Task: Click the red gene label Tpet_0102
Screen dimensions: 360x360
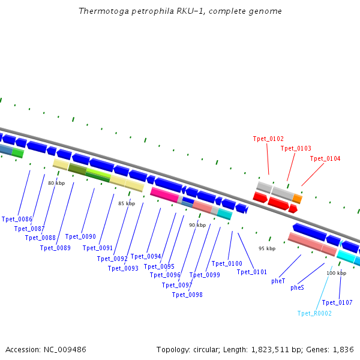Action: (x=268, y=139)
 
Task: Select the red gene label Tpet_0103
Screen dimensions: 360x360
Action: (x=296, y=148)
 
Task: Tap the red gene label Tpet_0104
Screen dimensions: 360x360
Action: (x=325, y=158)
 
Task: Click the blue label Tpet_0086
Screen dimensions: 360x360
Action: (x=17, y=220)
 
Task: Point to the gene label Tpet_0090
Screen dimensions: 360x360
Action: (x=80, y=237)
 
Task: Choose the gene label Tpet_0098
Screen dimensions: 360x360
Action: (x=187, y=295)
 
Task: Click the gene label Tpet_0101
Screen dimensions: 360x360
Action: (x=252, y=272)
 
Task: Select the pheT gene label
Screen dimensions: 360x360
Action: (x=278, y=280)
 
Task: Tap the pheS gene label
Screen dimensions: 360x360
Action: (x=297, y=287)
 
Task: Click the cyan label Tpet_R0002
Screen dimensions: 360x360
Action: (x=314, y=313)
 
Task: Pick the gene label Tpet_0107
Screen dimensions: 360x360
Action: (x=337, y=302)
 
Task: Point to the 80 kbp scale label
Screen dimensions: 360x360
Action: (x=56, y=183)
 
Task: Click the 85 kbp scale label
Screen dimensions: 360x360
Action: (x=127, y=204)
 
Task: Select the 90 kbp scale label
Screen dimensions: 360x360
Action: (x=197, y=225)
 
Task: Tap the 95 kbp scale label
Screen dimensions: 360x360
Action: (x=267, y=248)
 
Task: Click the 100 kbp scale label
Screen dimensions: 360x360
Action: (x=336, y=273)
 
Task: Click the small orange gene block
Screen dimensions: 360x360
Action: (x=298, y=199)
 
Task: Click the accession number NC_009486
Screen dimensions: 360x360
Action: (x=65, y=349)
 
